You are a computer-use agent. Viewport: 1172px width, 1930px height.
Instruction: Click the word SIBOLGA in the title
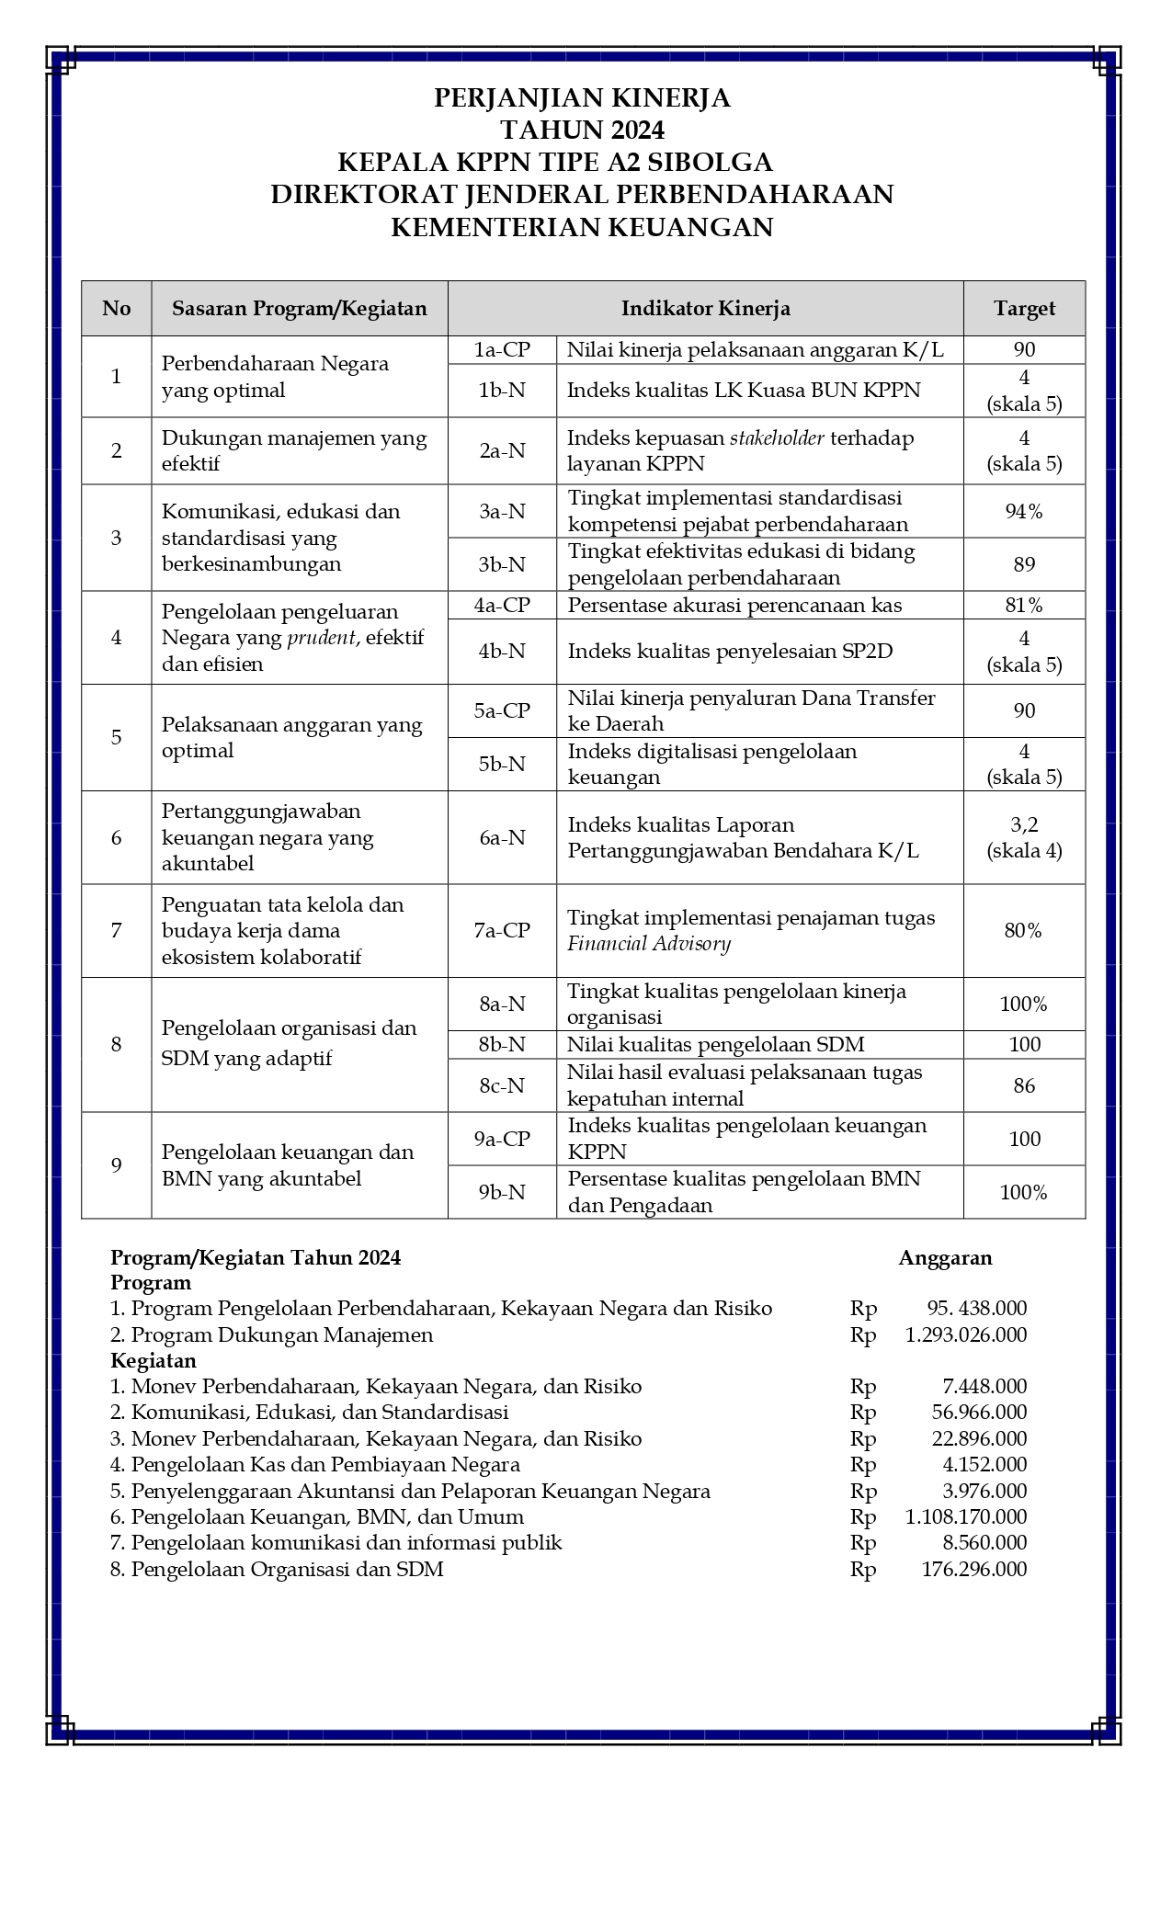711,163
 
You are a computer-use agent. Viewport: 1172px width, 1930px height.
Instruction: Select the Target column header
1024,309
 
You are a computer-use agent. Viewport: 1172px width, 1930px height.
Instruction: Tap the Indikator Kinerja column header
705,309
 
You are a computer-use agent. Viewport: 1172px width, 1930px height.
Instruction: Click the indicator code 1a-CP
502,350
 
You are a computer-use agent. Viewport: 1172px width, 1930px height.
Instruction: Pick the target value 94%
1024,512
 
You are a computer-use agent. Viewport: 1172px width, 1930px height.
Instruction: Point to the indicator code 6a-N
502,838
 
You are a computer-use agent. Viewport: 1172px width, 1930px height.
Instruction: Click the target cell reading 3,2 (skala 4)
1024,838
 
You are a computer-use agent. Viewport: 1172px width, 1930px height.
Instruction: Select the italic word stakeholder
777,438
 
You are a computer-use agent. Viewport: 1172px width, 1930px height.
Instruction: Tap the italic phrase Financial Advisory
649,944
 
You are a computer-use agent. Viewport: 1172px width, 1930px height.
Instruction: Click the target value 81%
1024,606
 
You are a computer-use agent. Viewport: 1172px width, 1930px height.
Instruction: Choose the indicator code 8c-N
502,1086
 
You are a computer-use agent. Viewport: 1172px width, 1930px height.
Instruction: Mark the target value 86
1024,1086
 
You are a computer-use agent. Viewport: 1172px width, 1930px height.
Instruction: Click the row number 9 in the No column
116,1165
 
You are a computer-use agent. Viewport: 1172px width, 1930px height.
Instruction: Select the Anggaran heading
945,1258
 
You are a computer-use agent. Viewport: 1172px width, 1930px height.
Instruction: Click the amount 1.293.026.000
965,1335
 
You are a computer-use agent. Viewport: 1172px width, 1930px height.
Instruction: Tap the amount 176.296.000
973,1570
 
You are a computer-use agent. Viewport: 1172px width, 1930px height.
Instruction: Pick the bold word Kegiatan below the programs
153,1361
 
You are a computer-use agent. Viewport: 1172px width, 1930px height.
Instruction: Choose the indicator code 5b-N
502,765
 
